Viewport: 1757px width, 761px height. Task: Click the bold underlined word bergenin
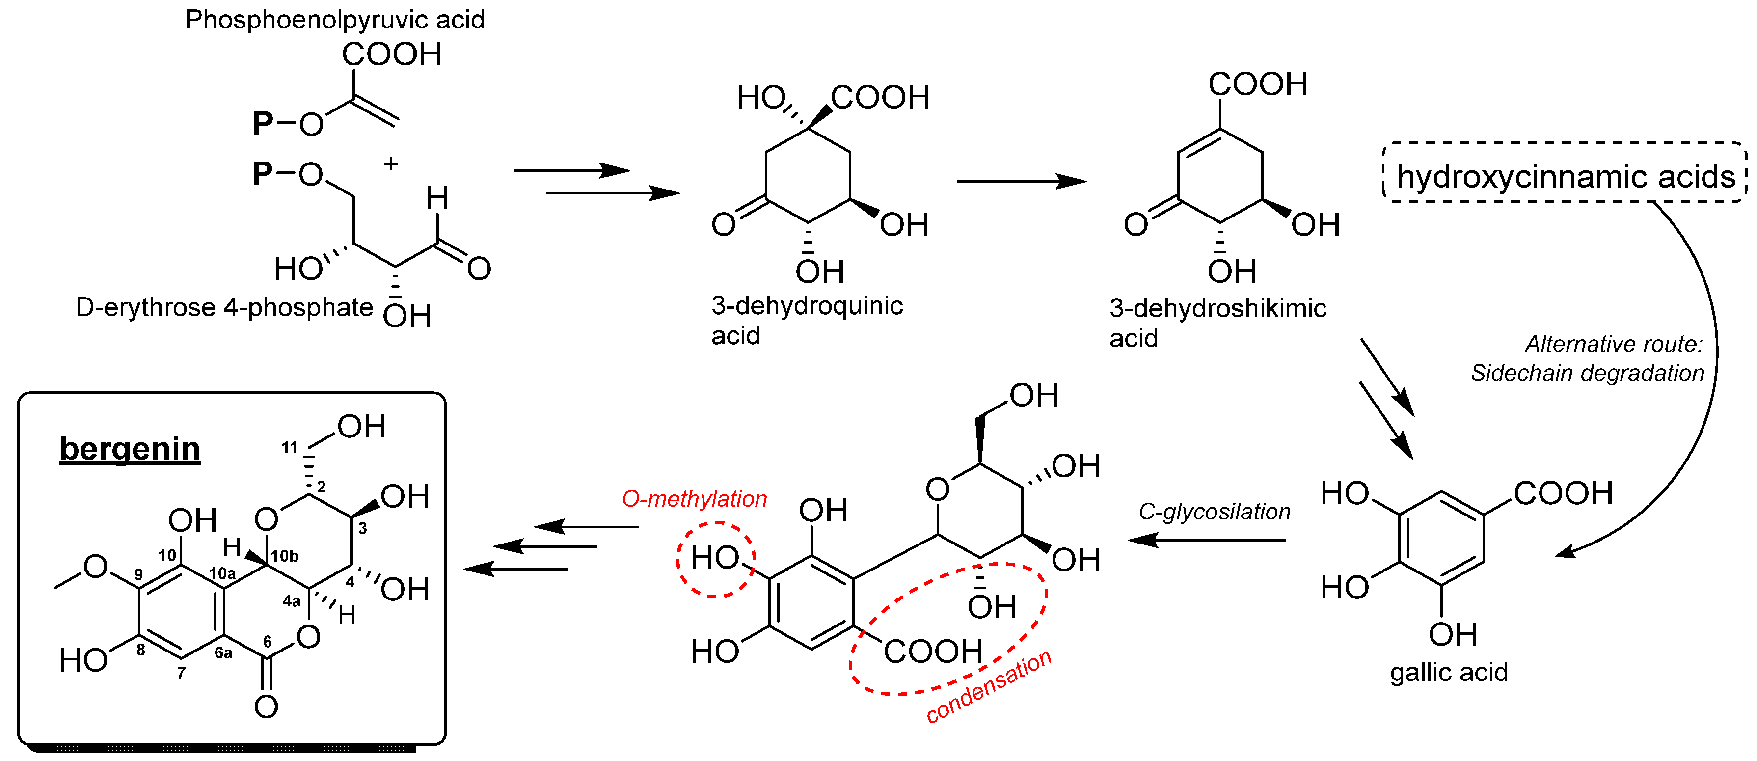click(x=130, y=449)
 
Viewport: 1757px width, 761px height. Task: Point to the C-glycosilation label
click(x=1214, y=512)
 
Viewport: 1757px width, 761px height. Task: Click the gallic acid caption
click(x=1449, y=672)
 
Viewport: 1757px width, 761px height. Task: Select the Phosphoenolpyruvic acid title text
click(x=335, y=20)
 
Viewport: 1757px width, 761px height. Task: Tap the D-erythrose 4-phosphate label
click(x=224, y=307)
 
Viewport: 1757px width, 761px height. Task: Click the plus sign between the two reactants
click(x=391, y=163)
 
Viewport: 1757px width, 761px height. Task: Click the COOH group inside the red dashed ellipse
click(x=932, y=651)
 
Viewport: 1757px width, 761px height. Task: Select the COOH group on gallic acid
click(x=1563, y=493)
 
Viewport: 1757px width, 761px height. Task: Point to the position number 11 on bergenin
click(x=289, y=448)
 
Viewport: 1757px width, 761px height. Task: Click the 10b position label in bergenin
click(x=284, y=556)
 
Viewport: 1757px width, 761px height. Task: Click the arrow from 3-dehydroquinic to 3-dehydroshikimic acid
click(x=1021, y=181)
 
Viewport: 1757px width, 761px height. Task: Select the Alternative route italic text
click(x=1613, y=344)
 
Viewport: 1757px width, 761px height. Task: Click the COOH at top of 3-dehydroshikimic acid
click(x=1258, y=84)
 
